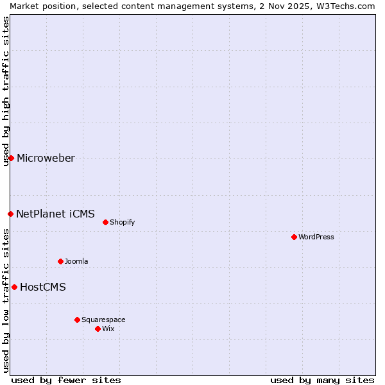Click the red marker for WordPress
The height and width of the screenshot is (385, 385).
294,237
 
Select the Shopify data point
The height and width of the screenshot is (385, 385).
105,222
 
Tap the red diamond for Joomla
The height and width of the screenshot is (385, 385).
60,261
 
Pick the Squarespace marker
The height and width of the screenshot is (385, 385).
77,320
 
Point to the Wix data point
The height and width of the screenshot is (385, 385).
98,329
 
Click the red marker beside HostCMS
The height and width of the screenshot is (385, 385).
14,287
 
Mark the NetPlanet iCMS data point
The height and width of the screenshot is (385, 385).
10,214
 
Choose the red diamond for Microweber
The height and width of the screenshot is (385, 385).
11,158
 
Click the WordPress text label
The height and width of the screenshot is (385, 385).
316,237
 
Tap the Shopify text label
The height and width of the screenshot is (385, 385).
123,222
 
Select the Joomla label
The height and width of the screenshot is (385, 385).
76,261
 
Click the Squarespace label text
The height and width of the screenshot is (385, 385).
103,320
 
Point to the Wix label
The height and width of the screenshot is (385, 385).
108,329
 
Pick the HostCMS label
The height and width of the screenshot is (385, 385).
43,287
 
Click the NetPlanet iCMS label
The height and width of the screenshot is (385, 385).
55,214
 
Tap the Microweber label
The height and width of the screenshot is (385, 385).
46,158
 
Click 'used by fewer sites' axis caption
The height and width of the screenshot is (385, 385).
66,380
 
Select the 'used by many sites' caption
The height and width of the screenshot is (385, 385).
322,380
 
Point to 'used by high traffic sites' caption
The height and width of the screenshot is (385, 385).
6,91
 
